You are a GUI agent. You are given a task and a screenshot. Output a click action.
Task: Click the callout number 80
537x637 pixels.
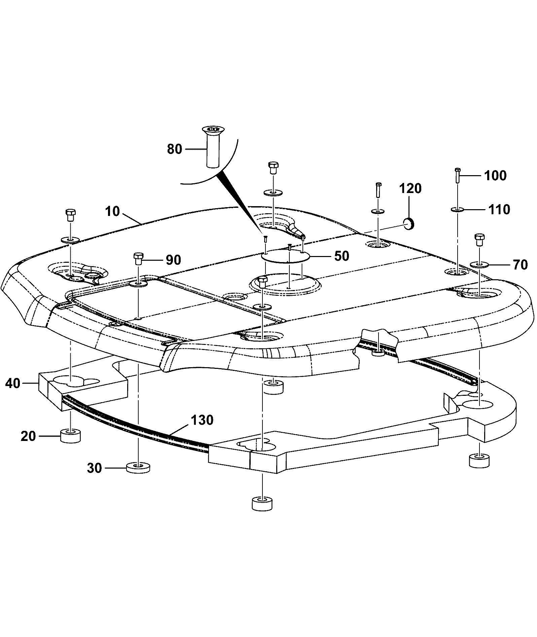click(x=175, y=149)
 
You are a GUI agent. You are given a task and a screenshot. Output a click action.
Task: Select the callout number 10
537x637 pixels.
click(x=112, y=212)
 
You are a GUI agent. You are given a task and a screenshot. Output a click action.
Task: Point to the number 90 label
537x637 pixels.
click(x=173, y=260)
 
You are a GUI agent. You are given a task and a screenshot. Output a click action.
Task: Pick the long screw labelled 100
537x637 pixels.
click(x=458, y=175)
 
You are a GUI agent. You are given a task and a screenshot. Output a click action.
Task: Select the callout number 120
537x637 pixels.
click(x=410, y=189)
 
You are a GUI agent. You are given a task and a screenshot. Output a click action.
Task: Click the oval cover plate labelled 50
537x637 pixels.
click(x=286, y=257)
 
